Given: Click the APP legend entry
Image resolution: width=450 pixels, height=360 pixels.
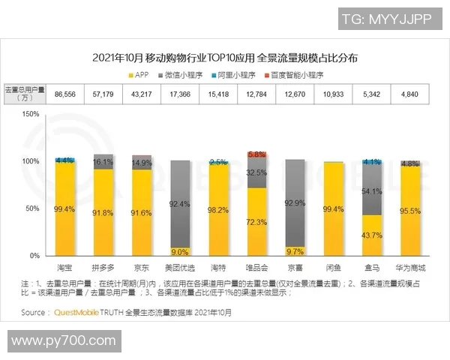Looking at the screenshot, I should (x=143, y=75).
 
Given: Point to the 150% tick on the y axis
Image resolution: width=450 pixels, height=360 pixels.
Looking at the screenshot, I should (x=29, y=114).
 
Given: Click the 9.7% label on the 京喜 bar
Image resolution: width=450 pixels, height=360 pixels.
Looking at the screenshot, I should (x=295, y=251).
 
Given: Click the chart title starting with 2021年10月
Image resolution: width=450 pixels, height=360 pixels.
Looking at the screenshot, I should (x=224, y=58).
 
